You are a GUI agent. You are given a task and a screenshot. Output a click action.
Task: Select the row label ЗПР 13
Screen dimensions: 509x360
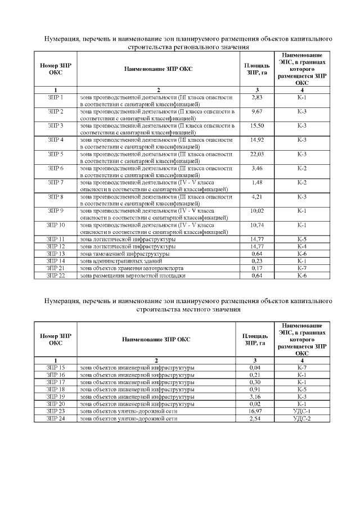pos(56,254)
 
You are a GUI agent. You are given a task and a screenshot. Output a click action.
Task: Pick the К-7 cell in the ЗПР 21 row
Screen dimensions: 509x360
pos(302,268)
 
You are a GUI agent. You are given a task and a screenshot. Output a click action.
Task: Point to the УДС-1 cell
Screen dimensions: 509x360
pos(302,411)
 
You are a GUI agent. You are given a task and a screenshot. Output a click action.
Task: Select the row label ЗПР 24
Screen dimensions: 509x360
pos(56,418)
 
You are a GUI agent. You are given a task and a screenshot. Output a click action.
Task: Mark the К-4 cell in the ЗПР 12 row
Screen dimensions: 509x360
pos(302,246)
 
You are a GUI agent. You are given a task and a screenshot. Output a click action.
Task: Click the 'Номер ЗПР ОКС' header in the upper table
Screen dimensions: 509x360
pos(56,69)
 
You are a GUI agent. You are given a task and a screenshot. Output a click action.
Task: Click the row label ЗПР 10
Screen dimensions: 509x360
pos(56,225)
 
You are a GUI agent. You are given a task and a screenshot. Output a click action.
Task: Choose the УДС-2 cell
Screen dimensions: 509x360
pos(302,418)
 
